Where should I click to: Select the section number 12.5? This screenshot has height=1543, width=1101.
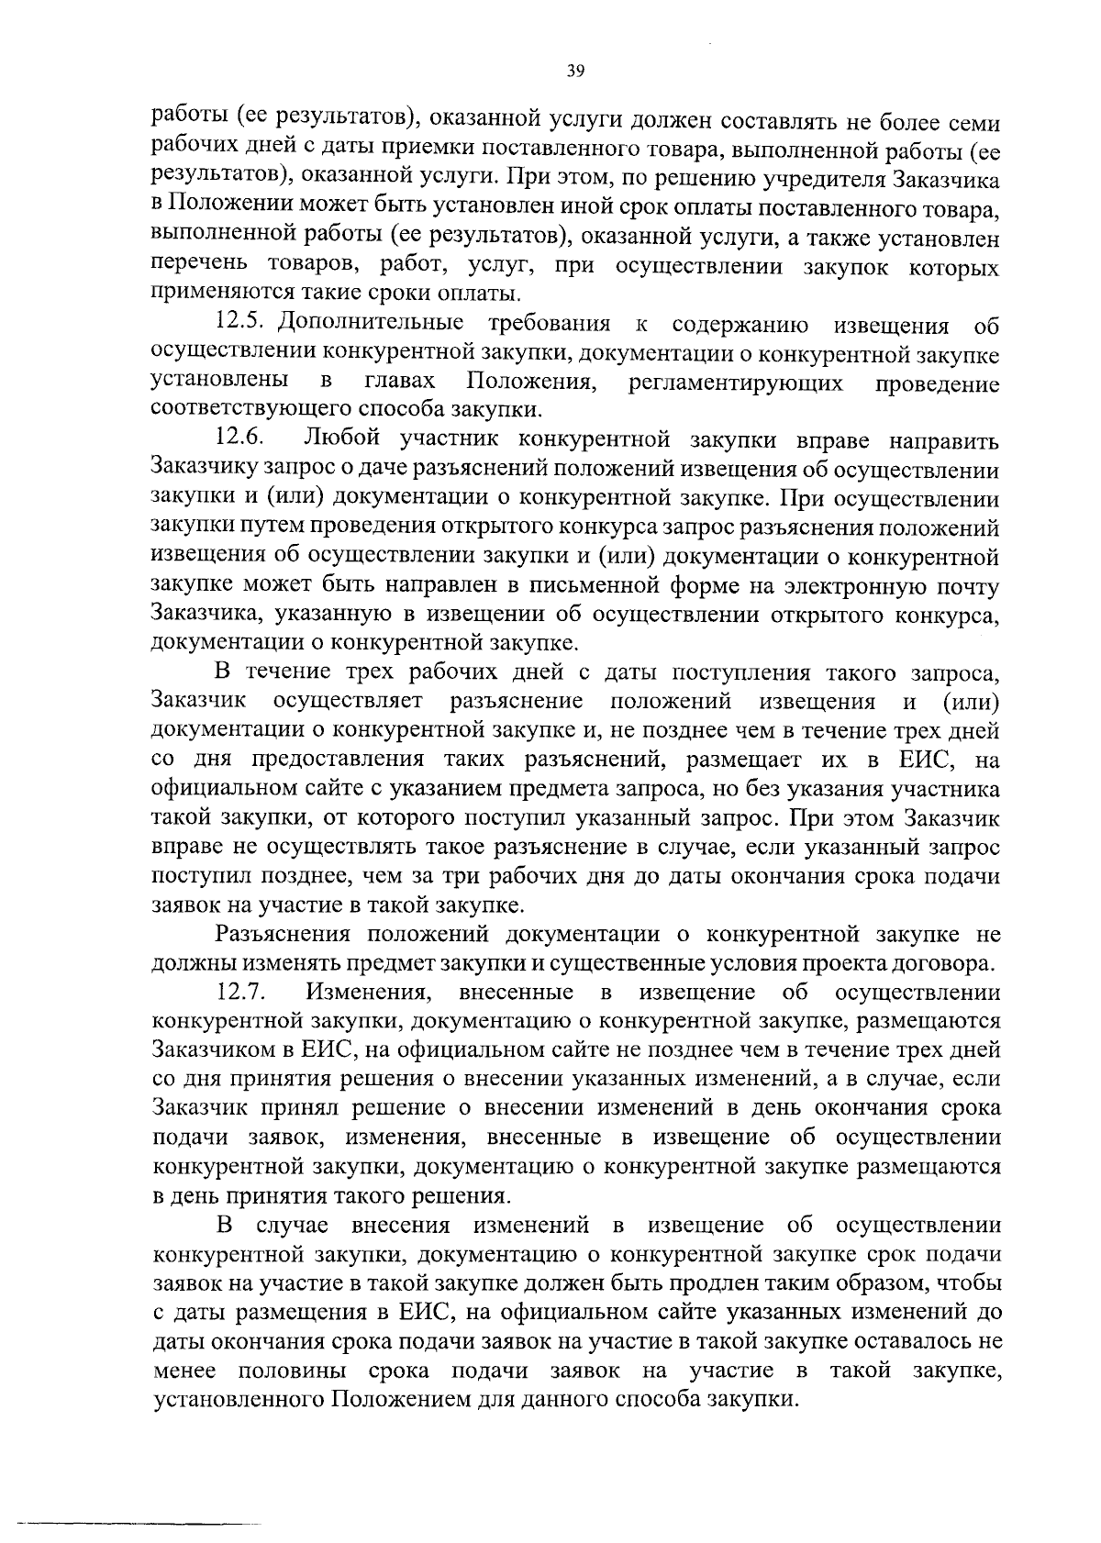point(242,324)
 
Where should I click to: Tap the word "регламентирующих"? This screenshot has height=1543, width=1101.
point(736,383)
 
